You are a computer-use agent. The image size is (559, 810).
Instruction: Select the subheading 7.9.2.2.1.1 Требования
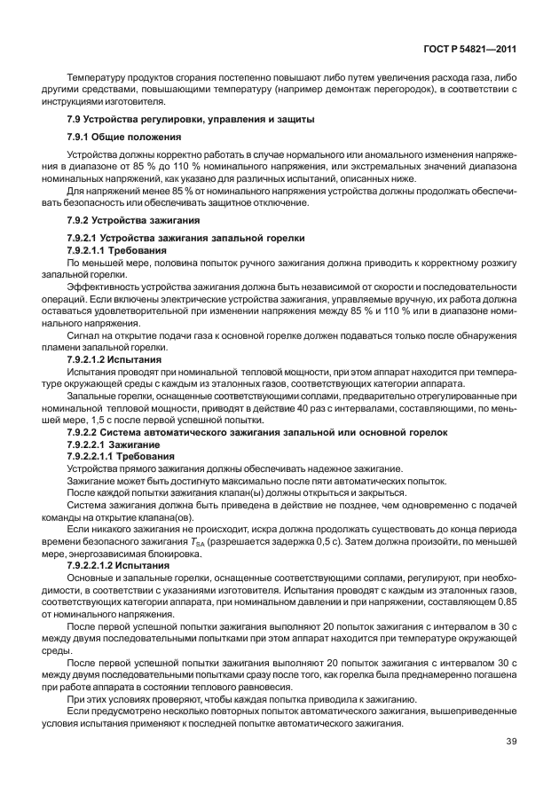point(121,454)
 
